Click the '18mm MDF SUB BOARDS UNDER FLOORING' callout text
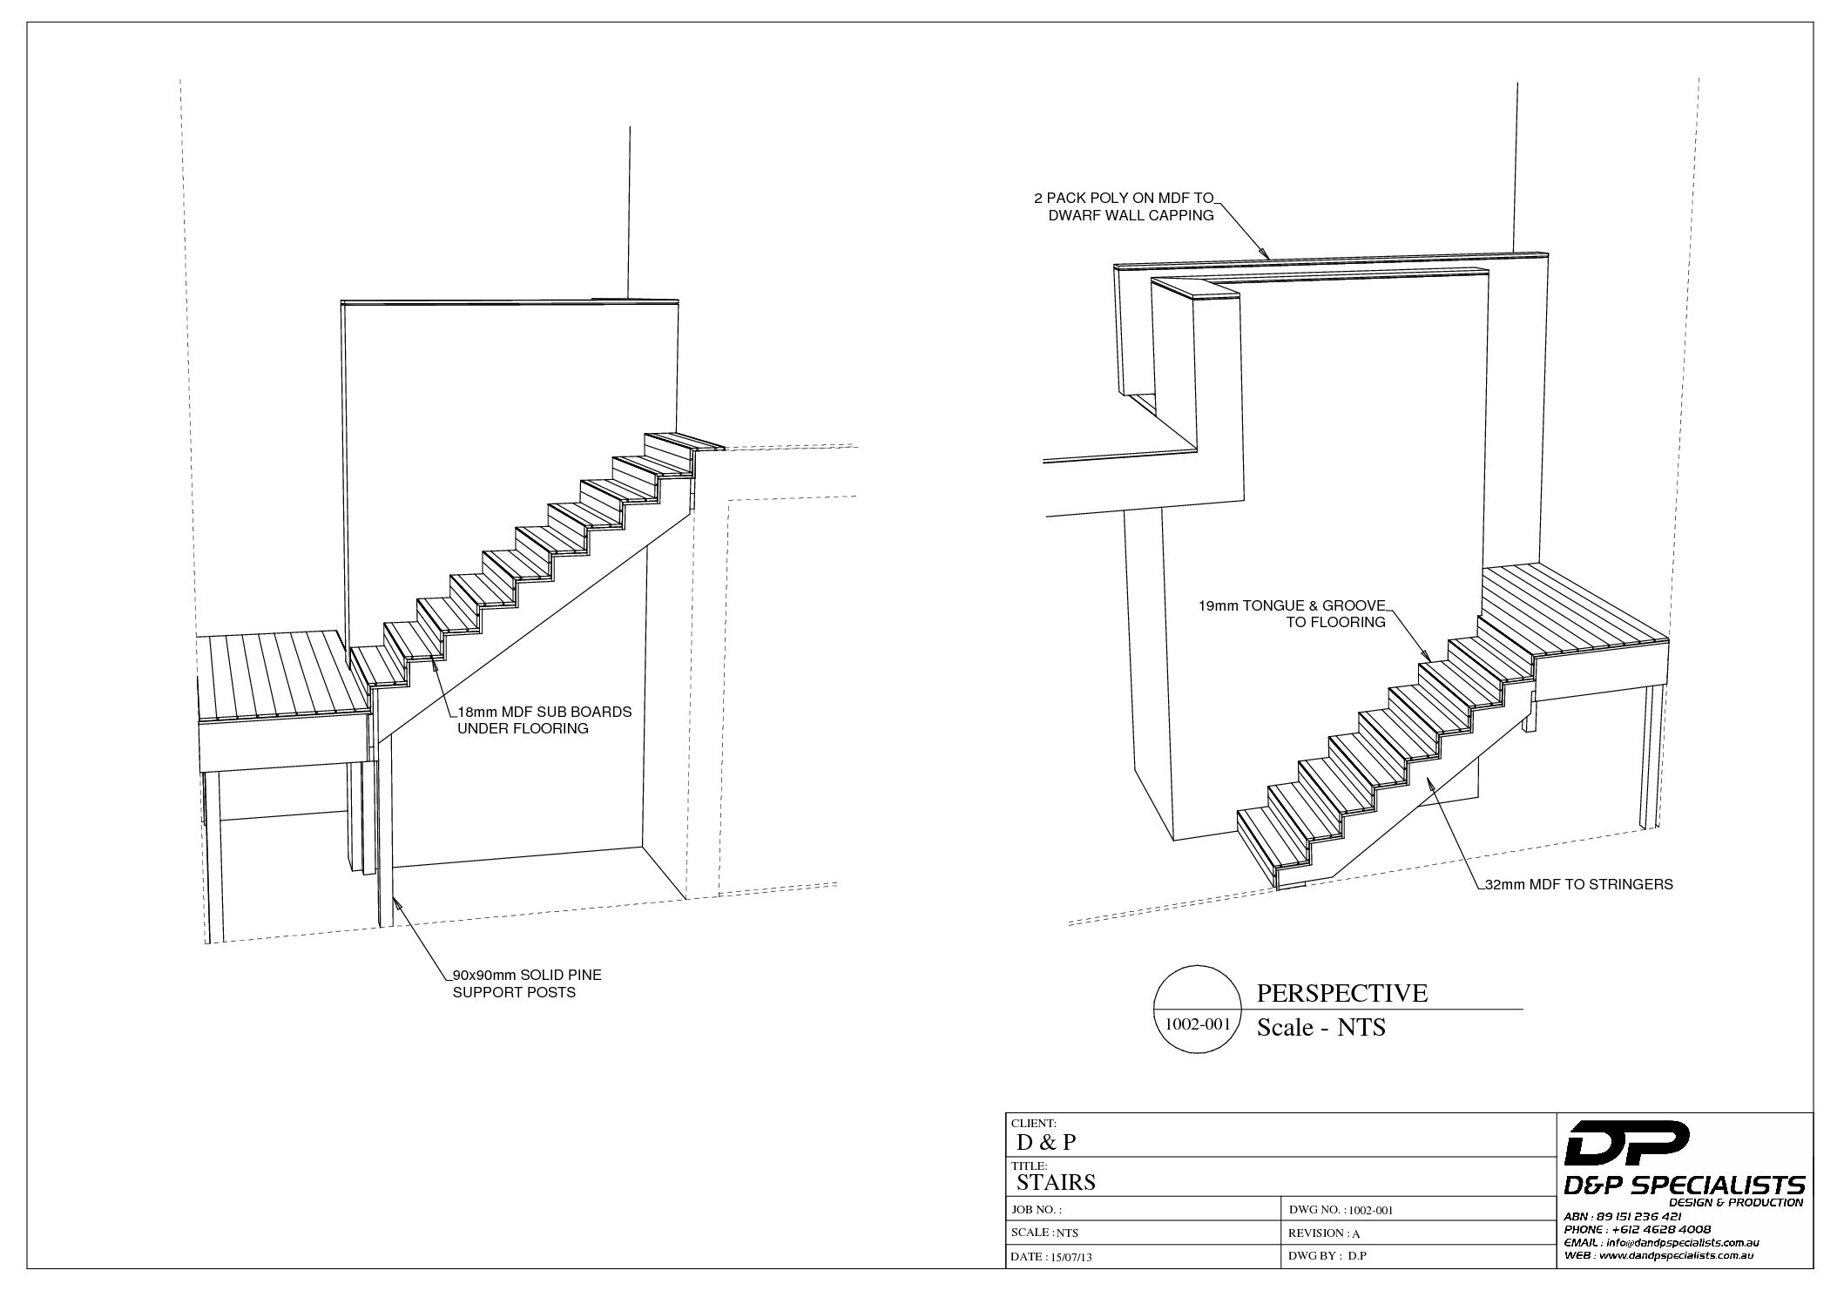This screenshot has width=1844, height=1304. pos(544,720)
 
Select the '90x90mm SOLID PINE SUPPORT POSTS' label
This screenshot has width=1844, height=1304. pos(526,983)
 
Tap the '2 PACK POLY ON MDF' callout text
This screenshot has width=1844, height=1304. pos(1130,207)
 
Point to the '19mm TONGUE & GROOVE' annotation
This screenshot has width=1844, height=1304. pos(1291,614)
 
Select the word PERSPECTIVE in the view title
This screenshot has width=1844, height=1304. pos(1341,994)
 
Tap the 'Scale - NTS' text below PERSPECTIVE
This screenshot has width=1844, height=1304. pos(1321,1028)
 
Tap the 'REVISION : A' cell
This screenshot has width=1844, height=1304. pos(1324,1233)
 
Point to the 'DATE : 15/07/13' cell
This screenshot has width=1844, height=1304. pos(1050,1257)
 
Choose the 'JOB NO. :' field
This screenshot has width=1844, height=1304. pos(1037,1210)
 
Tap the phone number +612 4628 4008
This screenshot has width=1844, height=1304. pos(1660,1229)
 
